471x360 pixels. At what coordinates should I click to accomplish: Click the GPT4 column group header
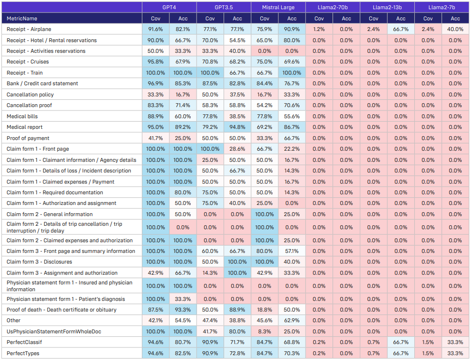point(169,8)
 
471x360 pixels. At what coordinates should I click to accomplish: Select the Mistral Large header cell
point(278,8)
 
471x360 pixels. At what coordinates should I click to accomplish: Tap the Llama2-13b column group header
point(387,8)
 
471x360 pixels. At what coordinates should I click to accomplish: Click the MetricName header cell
point(22,19)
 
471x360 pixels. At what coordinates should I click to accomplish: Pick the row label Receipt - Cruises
point(28,62)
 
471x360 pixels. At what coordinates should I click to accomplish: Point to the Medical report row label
point(25,127)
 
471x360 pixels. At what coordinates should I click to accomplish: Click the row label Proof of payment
point(28,138)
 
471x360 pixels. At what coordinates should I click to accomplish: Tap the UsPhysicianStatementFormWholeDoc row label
point(54,331)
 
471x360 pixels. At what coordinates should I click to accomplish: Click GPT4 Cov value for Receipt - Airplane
point(155,30)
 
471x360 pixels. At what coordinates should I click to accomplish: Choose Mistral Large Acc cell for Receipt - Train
point(291,73)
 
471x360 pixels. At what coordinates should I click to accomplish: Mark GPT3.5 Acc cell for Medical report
point(237,127)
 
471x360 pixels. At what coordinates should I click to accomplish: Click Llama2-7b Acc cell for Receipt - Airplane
point(455,30)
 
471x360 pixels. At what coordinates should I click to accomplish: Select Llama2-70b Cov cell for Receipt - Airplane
point(319,30)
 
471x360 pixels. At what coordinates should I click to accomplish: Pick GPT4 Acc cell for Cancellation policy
point(182,94)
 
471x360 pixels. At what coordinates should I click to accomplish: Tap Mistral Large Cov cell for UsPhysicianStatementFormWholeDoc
point(264,331)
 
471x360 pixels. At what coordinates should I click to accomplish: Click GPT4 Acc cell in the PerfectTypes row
point(182,353)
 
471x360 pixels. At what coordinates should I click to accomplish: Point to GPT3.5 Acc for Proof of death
point(237,310)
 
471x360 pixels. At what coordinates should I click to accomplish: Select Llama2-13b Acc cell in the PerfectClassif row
point(400,343)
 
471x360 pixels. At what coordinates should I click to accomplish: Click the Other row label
point(14,320)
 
